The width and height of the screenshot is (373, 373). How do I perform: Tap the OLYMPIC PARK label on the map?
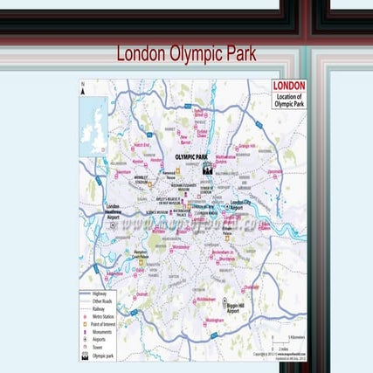pos(193,157)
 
